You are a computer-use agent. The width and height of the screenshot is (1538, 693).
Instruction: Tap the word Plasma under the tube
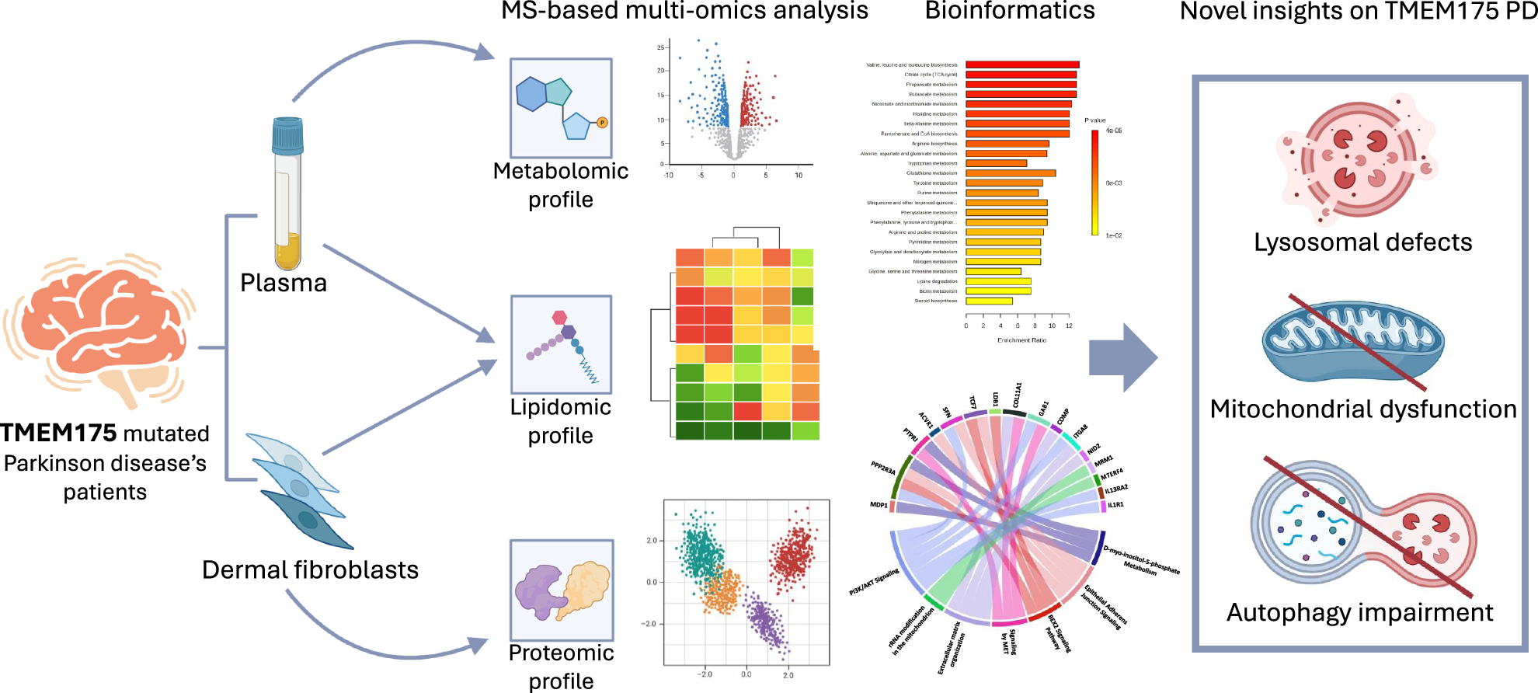coord(284,283)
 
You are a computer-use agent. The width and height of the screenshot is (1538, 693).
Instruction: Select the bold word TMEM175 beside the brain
coord(59,433)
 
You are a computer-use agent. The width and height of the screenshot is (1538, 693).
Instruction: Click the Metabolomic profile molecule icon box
coord(561,108)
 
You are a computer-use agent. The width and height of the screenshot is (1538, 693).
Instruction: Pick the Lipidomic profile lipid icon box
coord(561,344)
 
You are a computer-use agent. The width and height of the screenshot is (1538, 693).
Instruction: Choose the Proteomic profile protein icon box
coord(562,590)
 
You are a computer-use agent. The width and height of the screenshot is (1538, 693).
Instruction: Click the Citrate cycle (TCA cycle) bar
coord(1021,75)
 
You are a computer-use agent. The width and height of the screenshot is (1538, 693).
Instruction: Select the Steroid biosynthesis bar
coord(989,301)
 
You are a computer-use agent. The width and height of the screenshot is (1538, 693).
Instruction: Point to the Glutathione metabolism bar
coord(1011,173)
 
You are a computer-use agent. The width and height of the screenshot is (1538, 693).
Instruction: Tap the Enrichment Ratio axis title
coord(1021,340)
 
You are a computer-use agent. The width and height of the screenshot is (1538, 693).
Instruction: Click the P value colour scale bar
coord(1094,183)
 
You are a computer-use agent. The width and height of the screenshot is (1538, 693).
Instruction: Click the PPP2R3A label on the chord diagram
coord(882,468)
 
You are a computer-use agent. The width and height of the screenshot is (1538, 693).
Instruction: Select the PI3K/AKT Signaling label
coord(874,582)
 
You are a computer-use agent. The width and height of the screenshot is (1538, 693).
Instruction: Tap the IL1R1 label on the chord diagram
coord(1115,505)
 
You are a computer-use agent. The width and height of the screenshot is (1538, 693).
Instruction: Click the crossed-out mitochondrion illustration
coord(1352,343)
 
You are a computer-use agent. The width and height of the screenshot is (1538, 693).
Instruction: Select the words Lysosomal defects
coord(1362,242)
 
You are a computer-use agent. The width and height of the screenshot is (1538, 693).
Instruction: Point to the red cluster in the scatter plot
coord(792,555)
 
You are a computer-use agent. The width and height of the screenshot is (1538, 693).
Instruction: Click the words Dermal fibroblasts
coord(310,569)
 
